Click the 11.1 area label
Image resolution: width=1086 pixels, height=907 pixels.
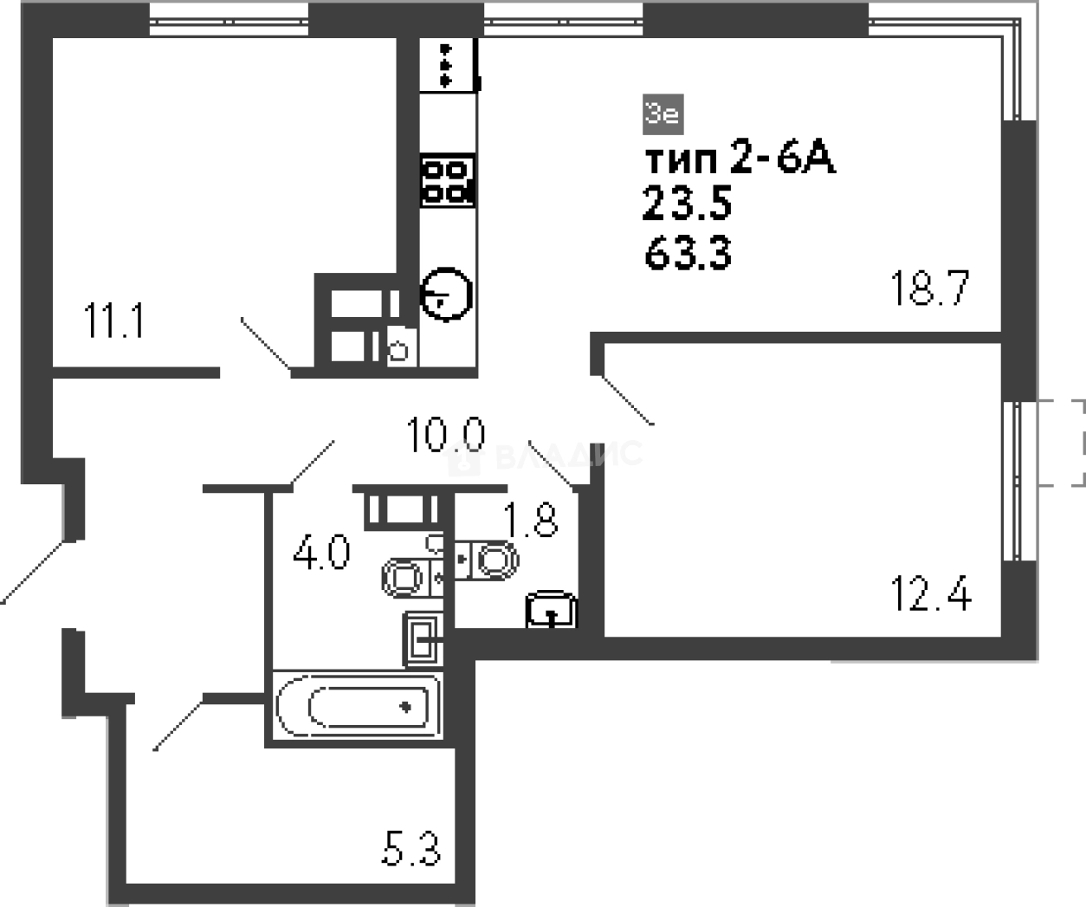[x=114, y=321]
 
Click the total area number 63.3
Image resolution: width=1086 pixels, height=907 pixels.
[x=688, y=254]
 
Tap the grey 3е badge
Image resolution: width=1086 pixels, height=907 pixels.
[x=663, y=113]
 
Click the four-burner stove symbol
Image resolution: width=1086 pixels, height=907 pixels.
[x=448, y=180]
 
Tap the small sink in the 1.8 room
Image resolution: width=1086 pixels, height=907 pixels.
[x=551, y=609]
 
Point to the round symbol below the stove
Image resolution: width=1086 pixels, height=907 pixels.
[x=446, y=293]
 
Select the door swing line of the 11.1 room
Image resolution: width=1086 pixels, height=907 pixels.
[x=265, y=343]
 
